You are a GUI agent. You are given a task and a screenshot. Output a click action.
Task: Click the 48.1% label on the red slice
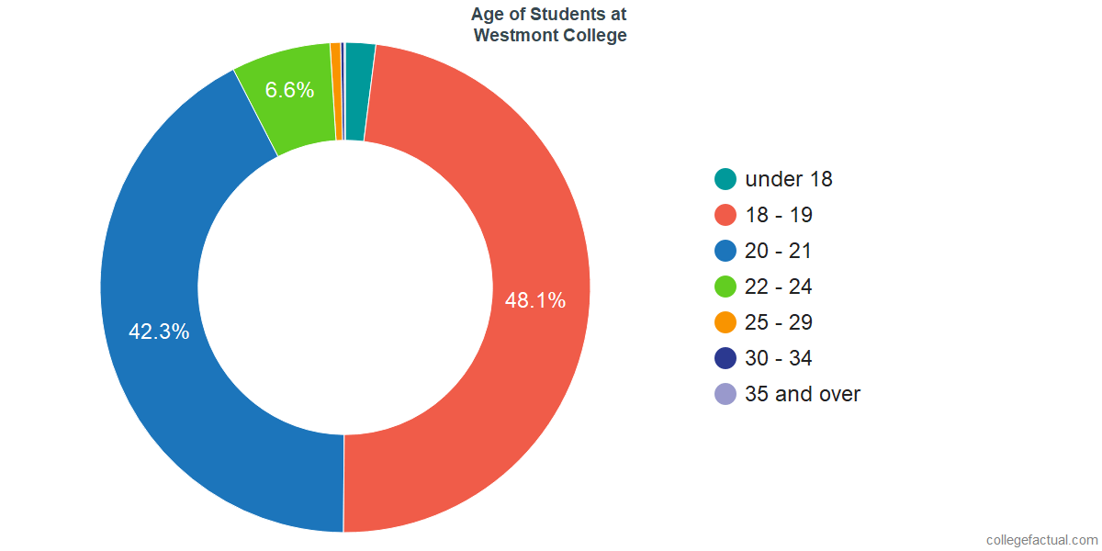pos(534,300)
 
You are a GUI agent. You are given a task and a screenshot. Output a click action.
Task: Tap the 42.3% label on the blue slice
pos(159,332)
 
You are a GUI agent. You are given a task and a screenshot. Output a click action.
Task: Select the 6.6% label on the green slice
pos(289,90)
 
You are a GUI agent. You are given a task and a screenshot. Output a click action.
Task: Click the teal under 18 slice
pos(358,92)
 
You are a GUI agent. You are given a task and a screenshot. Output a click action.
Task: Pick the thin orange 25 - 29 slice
pos(337,92)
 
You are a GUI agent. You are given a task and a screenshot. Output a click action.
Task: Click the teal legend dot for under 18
pos(725,179)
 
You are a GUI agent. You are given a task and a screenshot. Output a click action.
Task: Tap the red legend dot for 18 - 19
pos(725,215)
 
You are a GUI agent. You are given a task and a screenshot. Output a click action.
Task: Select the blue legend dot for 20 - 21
pos(725,251)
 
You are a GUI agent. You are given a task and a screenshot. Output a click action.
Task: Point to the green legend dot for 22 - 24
pos(725,287)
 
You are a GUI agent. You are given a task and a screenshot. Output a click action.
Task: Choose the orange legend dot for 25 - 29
pos(725,322)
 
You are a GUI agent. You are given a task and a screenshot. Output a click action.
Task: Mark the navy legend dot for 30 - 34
pos(725,358)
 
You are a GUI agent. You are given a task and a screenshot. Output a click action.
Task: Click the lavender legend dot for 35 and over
pos(725,394)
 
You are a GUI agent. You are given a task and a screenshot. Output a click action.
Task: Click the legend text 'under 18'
pos(789,179)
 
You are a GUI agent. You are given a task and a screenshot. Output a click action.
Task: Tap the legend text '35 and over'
pos(803,394)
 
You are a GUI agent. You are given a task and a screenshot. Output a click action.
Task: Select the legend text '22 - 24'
pos(779,287)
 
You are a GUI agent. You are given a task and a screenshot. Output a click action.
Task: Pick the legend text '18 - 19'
pos(779,215)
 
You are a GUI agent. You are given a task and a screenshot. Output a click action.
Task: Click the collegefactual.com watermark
pos(1040,539)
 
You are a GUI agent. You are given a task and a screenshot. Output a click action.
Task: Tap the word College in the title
pos(596,36)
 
